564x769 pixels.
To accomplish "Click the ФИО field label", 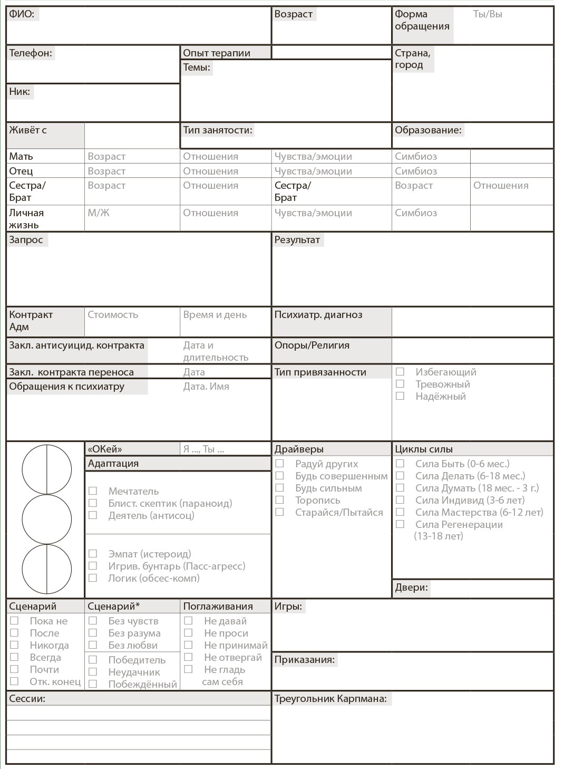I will pos(22,14).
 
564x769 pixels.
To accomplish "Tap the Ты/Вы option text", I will pos(487,14).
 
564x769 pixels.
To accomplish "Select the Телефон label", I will pos(31,53).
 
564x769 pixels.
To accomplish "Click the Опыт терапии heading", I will pos(217,53).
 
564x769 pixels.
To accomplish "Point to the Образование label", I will pos(427,130).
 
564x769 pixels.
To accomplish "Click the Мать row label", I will pos(21,157).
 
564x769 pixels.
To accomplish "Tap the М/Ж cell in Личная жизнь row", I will pos(99,213).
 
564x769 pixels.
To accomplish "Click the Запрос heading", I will pos(26,240).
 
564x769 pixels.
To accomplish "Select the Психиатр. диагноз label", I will pos(318,315).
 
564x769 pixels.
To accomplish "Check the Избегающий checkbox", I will pos(400,372).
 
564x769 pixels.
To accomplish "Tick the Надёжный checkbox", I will pos(400,396).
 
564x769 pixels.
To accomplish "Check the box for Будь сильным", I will pos(280,488).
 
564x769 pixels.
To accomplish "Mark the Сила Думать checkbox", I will pos(400,488).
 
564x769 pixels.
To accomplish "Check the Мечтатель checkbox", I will pos(93,491).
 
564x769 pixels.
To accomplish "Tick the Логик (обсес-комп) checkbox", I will pos(93,578).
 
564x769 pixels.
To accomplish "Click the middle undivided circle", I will pos(46,520).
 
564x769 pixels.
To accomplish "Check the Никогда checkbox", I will pos(14,645).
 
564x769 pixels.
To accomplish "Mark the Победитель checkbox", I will pos(93,660).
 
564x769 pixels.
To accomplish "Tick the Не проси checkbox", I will pos(188,633).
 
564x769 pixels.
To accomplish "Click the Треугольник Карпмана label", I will pos(330,699).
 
